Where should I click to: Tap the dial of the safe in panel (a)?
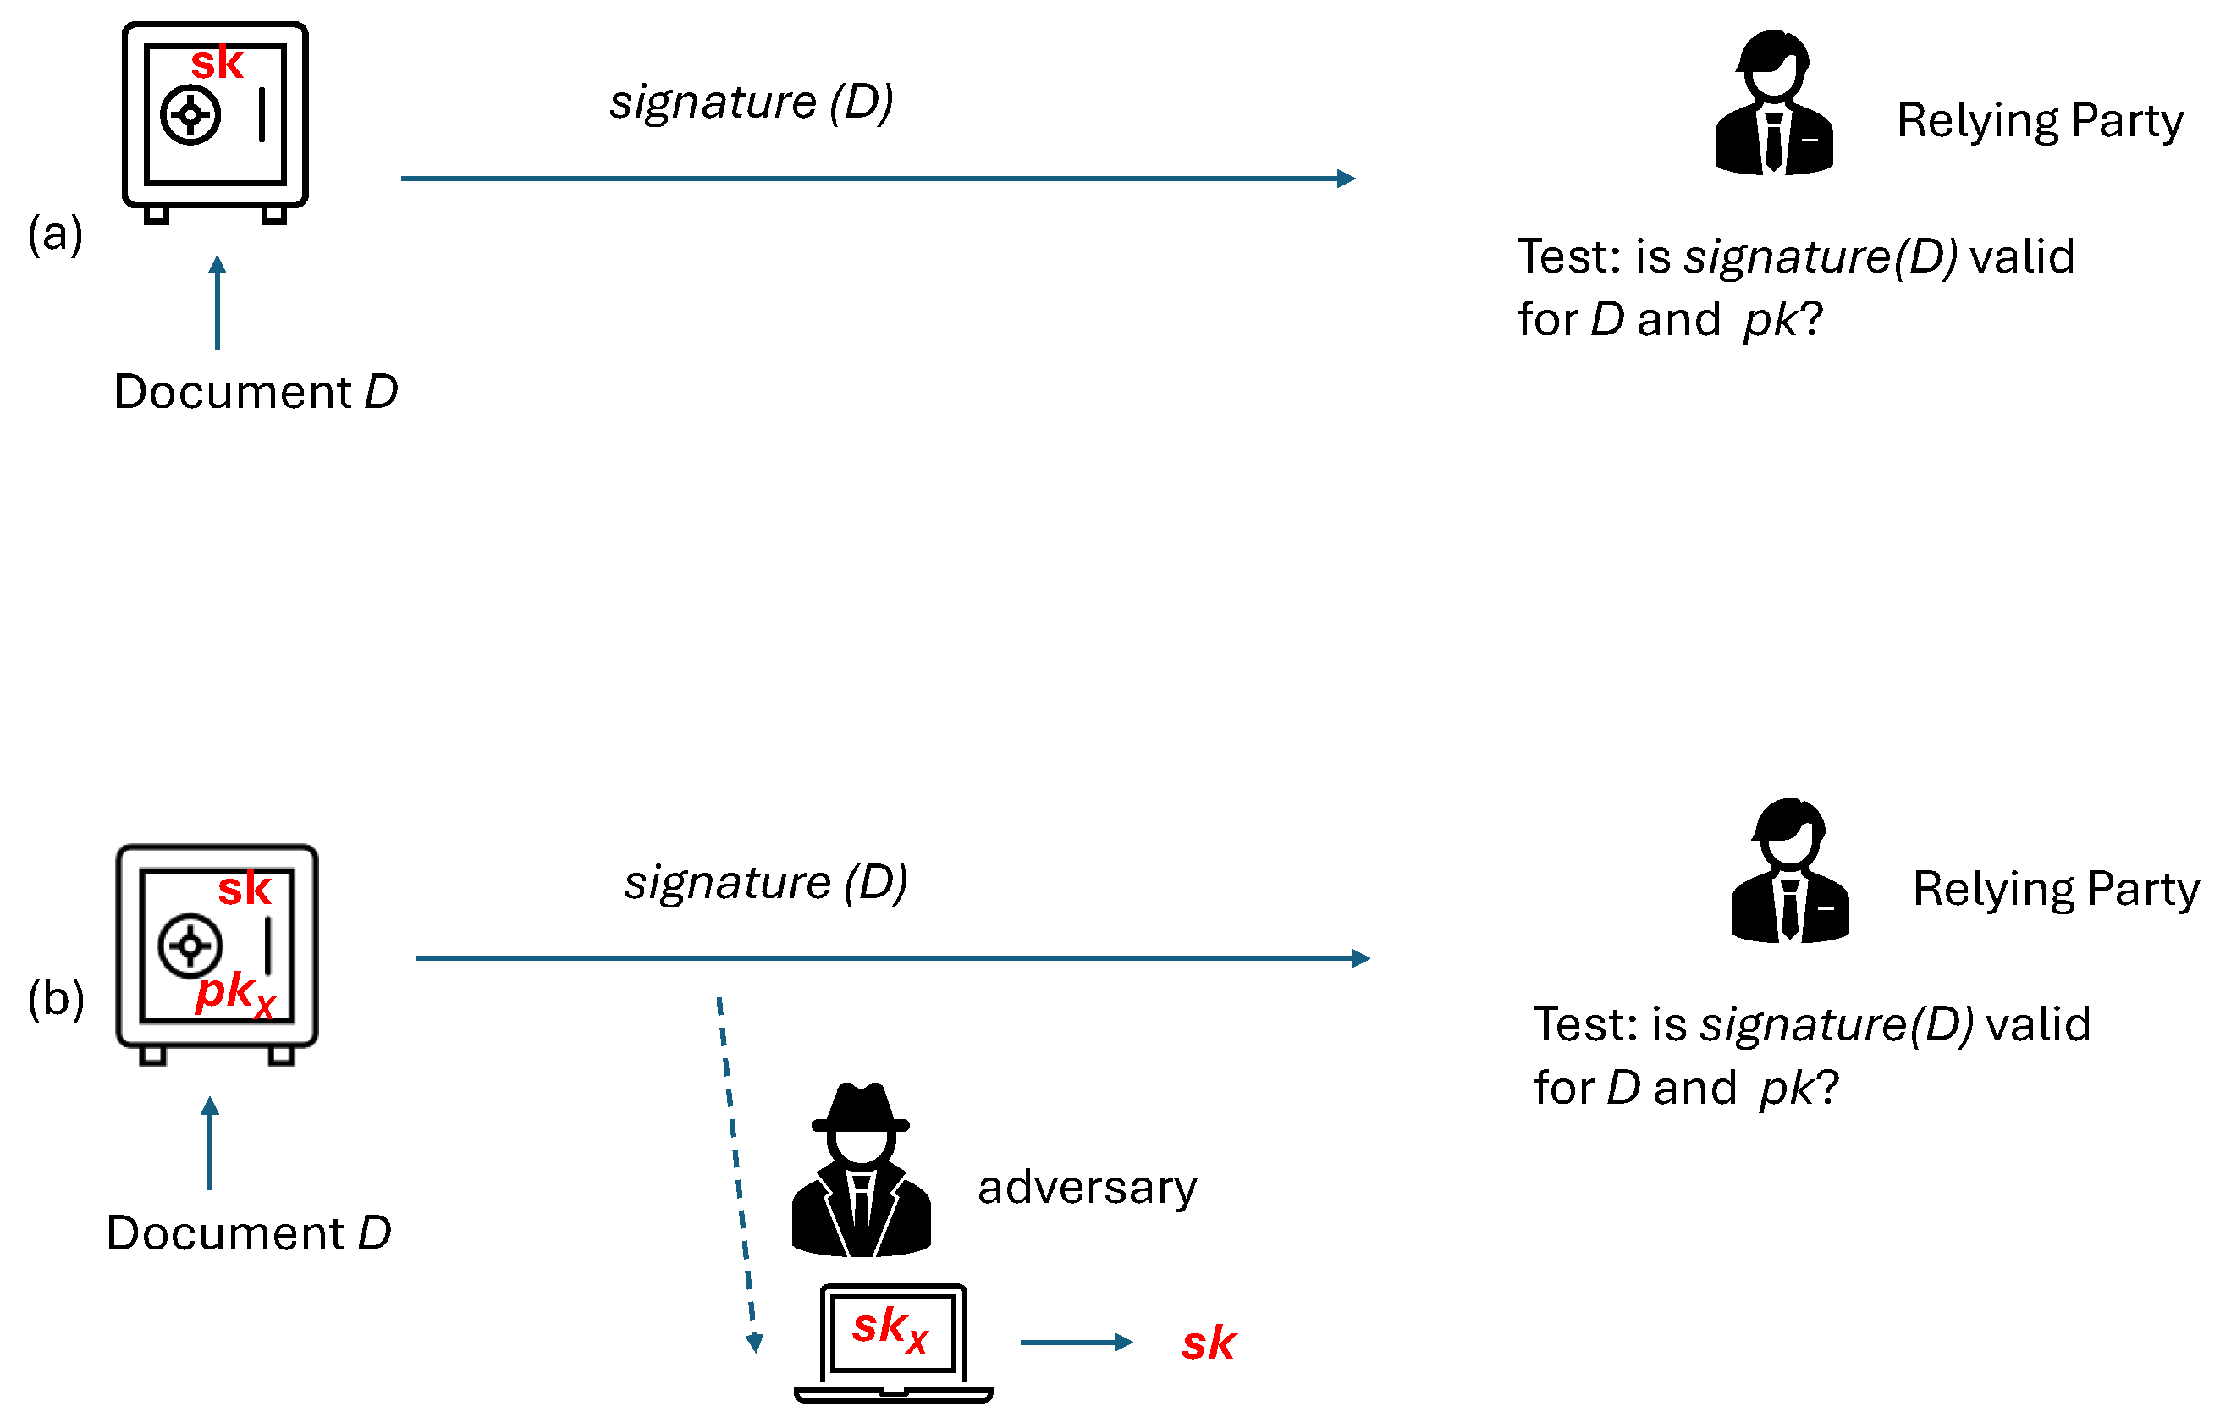tap(190, 115)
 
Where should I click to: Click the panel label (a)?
tap(55, 233)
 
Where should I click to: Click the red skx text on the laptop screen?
tap(889, 1329)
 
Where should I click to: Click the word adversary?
tap(1087, 1189)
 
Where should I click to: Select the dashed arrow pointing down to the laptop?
tap(737, 1173)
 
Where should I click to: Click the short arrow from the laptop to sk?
tap(1077, 1343)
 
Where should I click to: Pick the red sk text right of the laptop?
tap(1208, 1344)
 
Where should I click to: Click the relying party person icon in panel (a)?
tap(1773, 103)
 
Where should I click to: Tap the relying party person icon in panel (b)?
tap(1788, 872)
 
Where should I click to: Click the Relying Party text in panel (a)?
tap(2039, 121)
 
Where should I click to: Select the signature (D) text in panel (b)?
tap(765, 882)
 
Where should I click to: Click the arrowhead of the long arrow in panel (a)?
tap(1346, 179)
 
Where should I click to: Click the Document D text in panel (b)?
tap(249, 1233)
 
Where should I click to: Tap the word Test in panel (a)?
tap(1567, 256)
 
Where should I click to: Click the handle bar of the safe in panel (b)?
tap(268, 946)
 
